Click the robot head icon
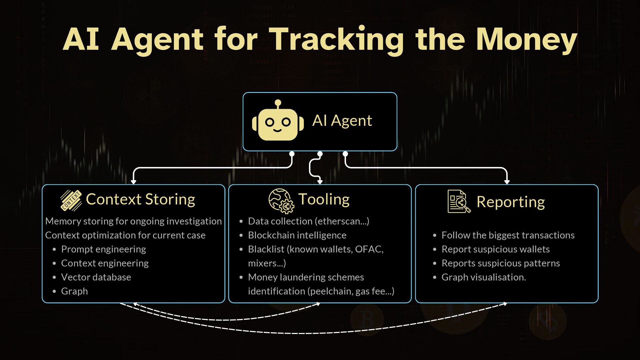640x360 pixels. coord(278,121)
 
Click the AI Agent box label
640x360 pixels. coord(342,121)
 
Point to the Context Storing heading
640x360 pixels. coord(140,199)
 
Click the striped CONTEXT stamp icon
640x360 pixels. coord(71,200)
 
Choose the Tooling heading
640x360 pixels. coord(324,199)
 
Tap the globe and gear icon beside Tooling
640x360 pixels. coord(281,201)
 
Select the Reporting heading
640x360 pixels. coord(510,202)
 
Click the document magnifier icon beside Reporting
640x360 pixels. coord(458,201)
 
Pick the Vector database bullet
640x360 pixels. coord(96,277)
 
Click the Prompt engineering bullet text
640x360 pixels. coord(103,249)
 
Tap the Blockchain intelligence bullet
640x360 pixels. coord(297,235)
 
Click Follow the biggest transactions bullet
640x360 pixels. coord(508,235)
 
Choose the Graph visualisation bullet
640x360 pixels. coord(483,277)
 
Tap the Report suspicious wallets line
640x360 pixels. coord(495,249)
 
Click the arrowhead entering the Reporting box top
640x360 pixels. coord(507,182)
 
